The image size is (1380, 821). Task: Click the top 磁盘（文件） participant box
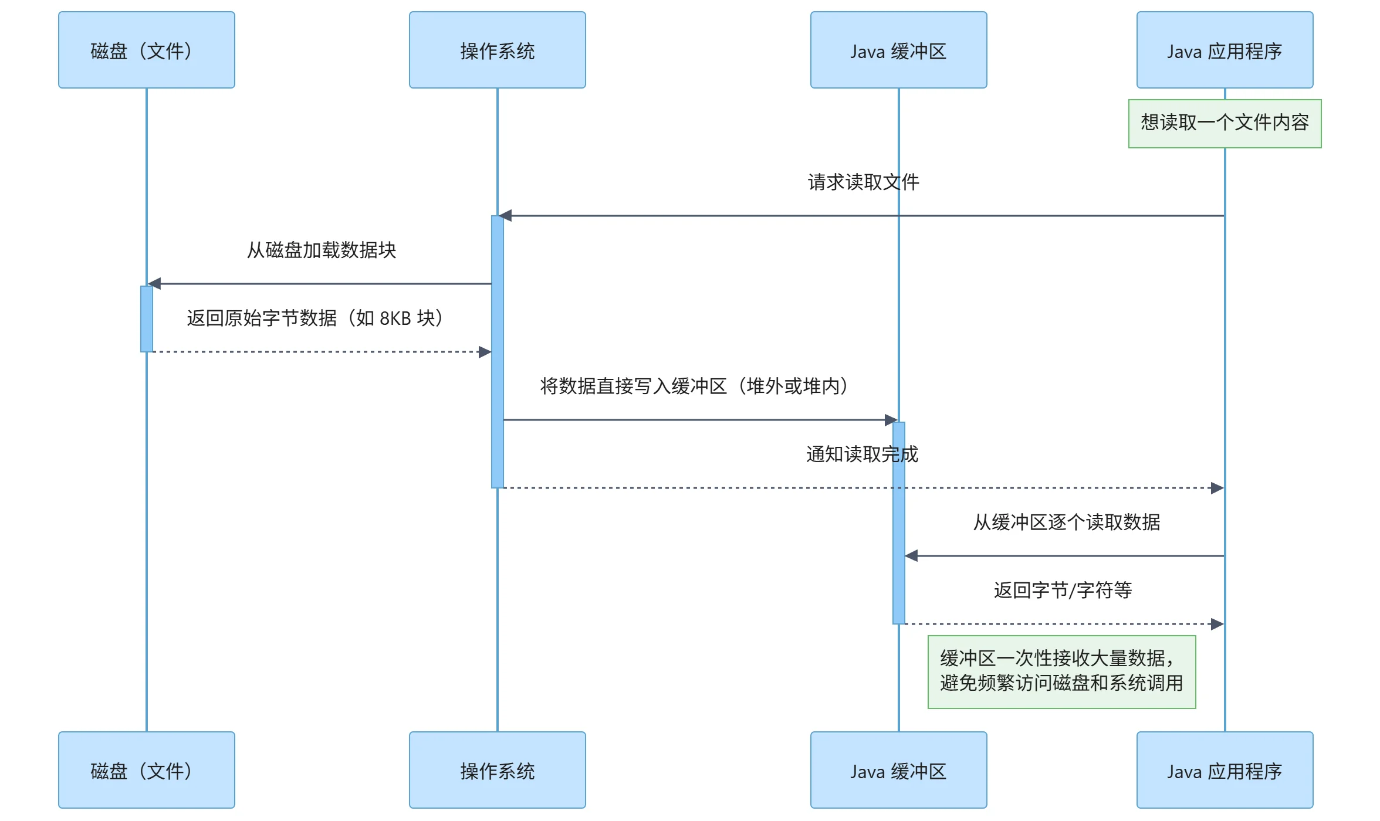(147, 50)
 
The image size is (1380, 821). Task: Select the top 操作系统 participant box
(497, 50)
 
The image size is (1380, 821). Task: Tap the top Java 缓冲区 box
(898, 50)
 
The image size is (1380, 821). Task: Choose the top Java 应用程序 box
(1225, 50)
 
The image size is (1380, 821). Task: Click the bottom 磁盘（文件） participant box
(147, 769)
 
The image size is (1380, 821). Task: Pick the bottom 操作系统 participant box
(497, 769)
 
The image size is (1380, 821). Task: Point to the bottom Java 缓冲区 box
(898, 769)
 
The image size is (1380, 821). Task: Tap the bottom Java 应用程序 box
(1225, 769)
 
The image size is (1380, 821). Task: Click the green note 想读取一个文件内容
(1225, 123)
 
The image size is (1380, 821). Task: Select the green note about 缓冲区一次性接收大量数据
(1061, 671)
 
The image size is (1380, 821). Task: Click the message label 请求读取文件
(863, 182)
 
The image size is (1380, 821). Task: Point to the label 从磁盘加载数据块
(322, 250)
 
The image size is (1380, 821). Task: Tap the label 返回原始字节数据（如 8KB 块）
(315, 318)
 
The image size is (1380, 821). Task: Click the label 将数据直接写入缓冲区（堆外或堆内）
(694, 386)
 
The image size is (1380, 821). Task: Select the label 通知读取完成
(862, 454)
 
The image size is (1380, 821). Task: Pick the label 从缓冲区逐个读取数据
(1067, 523)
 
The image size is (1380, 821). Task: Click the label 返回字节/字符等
(1063, 591)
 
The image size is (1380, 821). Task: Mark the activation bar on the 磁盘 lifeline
(147, 318)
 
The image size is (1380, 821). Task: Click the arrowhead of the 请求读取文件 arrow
(506, 216)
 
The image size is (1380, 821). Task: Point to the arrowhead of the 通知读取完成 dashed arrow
(1217, 488)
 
